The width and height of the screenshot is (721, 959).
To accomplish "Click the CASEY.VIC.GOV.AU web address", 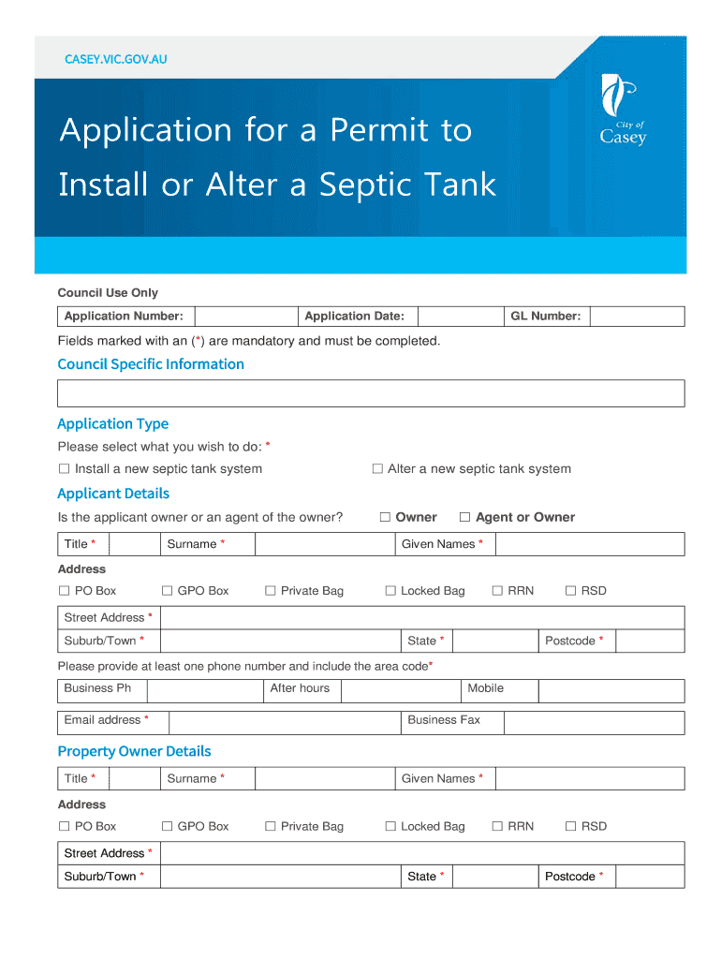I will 115,60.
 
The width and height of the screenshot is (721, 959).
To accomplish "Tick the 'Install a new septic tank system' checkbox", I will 65,469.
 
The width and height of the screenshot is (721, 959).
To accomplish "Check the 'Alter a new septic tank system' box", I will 378,469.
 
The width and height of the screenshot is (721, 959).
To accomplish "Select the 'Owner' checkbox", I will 385,517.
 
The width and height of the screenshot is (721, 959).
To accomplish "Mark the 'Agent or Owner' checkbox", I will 464,517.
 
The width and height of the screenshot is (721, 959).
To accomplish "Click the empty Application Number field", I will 244,317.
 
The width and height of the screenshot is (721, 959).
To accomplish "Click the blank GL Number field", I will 637,317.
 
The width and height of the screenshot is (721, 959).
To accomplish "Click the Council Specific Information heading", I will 151,364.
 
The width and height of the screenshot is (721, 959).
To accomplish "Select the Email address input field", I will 284,721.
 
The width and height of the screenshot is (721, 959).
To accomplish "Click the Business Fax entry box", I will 594,721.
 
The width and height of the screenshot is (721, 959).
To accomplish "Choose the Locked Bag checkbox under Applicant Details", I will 391,591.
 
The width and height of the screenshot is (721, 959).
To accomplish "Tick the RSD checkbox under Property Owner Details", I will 571,826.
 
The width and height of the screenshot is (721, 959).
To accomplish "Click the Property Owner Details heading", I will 134,751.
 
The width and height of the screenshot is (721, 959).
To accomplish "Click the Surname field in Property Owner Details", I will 324,779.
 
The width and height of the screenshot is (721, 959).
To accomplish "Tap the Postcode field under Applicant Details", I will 650,642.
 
